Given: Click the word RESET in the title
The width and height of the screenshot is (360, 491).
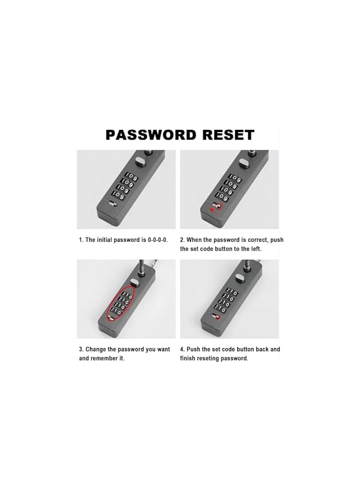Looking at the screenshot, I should coord(229,135).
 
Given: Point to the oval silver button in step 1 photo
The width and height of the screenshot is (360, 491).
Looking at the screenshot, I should coord(139,161).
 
